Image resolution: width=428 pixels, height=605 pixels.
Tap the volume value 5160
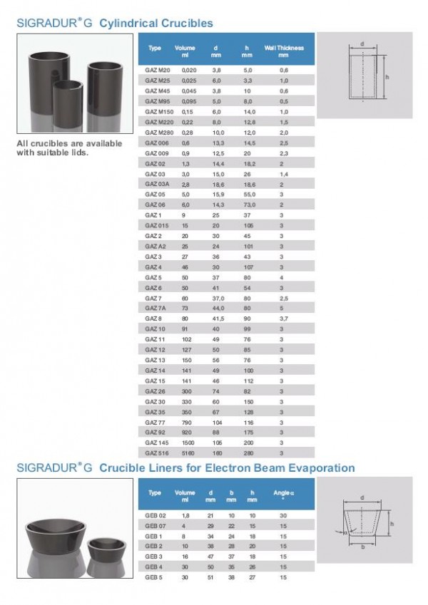pyautogui.click(x=188, y=453)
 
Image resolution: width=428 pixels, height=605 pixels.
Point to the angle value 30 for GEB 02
pyautogui.click(x=283, y=514)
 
